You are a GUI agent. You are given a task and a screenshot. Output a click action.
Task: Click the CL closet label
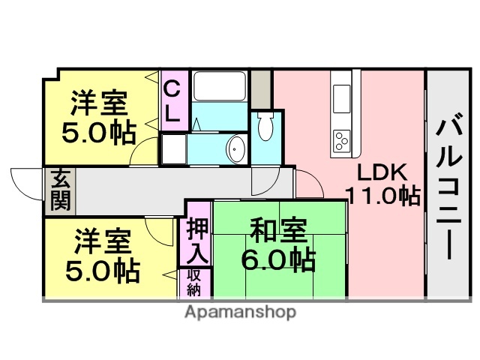(x=172, y=103)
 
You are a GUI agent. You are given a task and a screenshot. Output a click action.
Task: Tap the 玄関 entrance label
(x=60, y=190)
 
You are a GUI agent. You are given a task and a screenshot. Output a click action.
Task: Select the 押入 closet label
(x=198, y=239)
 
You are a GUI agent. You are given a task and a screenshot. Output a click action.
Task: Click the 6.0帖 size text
(x=277, y=260)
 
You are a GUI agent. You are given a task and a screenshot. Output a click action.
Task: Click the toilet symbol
(x=266, y=128)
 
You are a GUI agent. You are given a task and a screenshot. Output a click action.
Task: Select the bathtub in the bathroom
(x=220, y=88)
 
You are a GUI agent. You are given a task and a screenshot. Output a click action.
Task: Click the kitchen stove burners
(x=341, y=139)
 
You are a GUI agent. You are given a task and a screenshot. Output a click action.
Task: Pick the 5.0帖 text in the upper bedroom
(x=99, y=133)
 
